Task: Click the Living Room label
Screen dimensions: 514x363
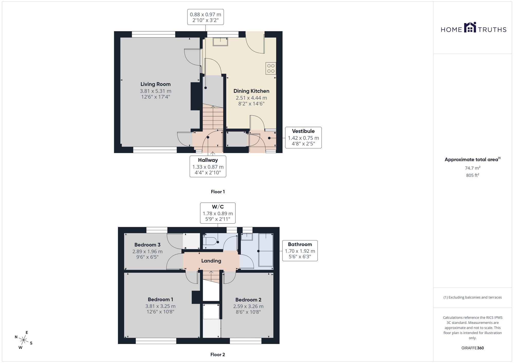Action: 155,84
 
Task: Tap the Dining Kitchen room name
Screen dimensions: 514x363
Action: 251,91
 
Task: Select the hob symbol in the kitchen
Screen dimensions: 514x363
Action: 271,68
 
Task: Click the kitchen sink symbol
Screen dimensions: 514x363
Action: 221,42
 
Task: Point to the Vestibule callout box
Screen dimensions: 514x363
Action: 303,138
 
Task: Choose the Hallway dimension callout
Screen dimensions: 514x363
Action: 208,166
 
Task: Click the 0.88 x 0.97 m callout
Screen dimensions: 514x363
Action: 205,17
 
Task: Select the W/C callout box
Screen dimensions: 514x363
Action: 218,213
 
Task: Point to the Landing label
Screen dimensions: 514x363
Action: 211,261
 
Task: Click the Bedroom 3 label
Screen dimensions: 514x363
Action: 148,245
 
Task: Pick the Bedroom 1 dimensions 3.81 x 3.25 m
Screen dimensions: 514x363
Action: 160,306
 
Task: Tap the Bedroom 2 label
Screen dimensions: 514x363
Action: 248,300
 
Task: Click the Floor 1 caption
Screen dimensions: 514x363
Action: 218,192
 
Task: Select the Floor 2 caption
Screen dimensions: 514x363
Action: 218,355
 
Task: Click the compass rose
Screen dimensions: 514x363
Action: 23,340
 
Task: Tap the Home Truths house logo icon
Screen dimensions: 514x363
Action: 470,27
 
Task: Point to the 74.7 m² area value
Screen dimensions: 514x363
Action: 473,168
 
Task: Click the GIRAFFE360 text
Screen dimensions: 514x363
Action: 473,348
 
